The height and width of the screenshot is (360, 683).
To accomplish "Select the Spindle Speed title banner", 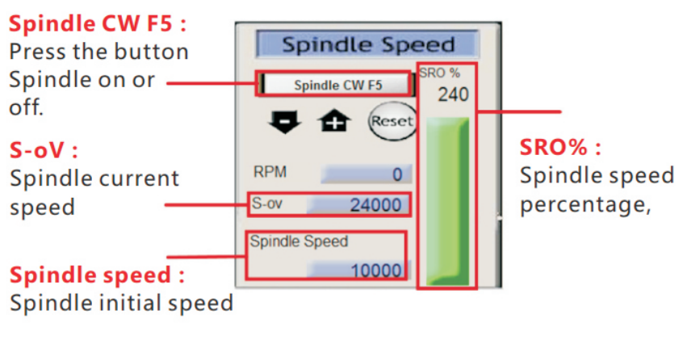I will click(367, 44).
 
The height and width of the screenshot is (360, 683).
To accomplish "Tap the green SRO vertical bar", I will click(446, 200).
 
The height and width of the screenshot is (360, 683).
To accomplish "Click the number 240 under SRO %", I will click(453, 95).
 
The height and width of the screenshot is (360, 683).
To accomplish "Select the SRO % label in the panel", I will click(439, 73).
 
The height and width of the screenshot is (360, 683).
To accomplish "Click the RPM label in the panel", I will click(270, 172).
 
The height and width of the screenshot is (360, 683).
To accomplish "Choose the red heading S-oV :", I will click(44, 150).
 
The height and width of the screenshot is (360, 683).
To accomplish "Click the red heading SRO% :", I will click(560, 148).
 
